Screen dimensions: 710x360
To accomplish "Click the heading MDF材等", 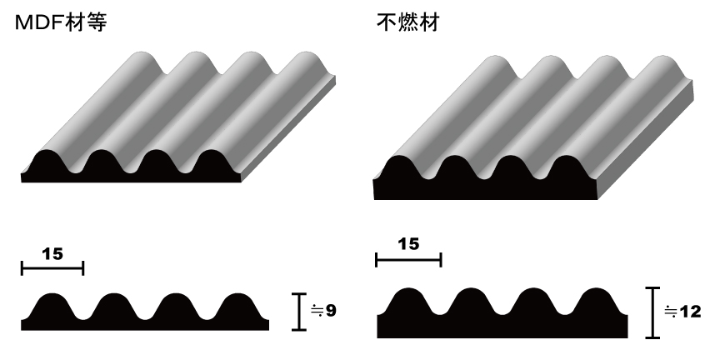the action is (x=61, y=22).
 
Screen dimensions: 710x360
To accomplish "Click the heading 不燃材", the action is (x=408, y=22).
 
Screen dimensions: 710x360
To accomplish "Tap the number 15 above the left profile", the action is (x=52, y=254).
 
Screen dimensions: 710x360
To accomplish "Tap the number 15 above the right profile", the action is (x=408, y=244).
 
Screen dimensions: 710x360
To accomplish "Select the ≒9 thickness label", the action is (x=324, y=311).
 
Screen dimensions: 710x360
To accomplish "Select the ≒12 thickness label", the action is (x=682, y=312).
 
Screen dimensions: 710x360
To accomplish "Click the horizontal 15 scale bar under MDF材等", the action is (x=52, y=268).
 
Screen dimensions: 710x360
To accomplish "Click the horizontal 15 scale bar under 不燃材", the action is (x=409, y=260).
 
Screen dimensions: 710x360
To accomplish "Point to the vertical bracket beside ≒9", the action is (x=299, y=312).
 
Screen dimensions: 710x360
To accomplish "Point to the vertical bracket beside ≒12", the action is (x=652, y=312).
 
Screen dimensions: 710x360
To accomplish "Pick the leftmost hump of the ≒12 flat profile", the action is (x=409, y=301).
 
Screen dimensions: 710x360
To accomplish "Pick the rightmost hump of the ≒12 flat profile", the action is (x=597, y=301).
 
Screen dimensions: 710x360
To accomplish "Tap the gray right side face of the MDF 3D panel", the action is (x=288, y=132).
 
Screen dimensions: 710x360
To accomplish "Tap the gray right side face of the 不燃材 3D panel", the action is (x=646, y=139).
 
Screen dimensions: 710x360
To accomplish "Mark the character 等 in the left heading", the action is (x=97, y=22).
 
